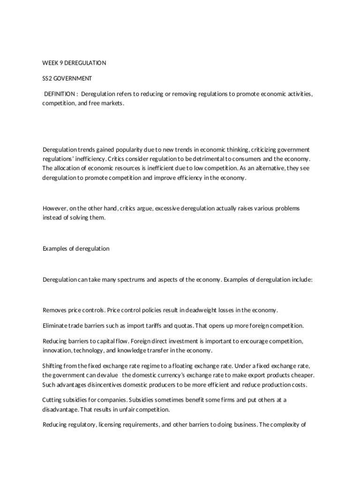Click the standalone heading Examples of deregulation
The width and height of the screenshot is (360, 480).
click(76, 248)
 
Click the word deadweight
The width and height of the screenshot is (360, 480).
click(202, 310)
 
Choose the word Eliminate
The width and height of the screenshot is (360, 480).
click(56, 325)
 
